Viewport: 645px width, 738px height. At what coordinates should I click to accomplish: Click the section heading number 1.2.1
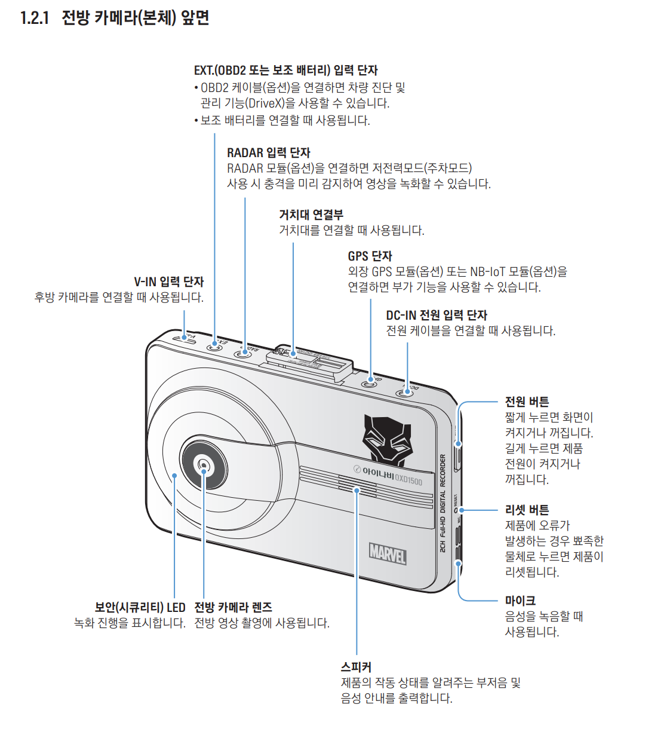pyautogui.click(x=35, y=17)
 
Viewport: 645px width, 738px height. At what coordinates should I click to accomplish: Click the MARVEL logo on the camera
pyautogui.click(x=388, y=553)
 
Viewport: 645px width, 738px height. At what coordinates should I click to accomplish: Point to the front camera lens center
pyautogui.click(x=204, y=465)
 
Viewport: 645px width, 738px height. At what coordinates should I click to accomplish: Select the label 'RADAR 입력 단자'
pyautogui.click(x=268, y=152)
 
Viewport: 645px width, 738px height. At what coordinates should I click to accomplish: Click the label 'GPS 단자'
pyautogui.click(x=370, y=256)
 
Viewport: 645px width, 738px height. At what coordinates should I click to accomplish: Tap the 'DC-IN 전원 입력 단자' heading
pyautogui.click(x=436, y=315)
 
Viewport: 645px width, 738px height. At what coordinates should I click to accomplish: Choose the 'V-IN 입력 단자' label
pyautogui.click(x=168, y=281)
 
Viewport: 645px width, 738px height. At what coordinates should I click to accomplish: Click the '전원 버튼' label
pyautogui.click(x=527, y=402)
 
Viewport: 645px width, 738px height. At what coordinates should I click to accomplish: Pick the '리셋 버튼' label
pyautogui.click(x=527, y=510)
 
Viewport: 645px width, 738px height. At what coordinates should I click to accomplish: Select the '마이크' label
pyautogui.click(x=520, y=601)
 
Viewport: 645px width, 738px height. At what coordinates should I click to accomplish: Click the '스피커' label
pyautogui.click(x=356, y=666)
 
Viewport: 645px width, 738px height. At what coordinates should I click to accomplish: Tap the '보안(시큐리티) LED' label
pyautogui.click(x=140, y=607)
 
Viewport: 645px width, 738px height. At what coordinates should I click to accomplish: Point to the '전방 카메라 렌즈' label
pyautogui.click(x=234, y=607)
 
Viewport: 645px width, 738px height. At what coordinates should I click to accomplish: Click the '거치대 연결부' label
pyautogui.click(x=311, y=215)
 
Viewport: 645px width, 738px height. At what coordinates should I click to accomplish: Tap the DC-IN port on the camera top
pyautogui.click(x=407, y=393)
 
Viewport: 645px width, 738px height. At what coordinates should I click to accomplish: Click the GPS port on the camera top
pyautogui.click(x=371, y=381)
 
